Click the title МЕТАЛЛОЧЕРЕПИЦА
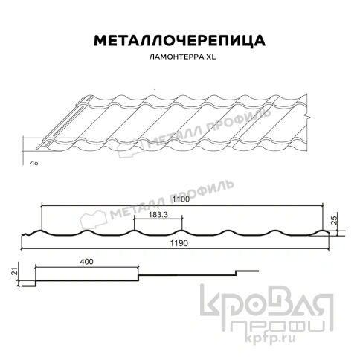point(179,40)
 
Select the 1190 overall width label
point(176,244)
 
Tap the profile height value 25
point(335,219)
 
